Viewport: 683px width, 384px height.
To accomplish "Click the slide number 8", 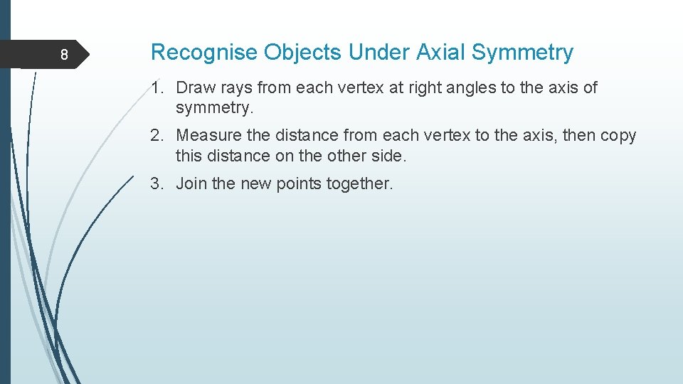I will pos(63,55).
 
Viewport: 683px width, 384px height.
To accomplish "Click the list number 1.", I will pos(156,88).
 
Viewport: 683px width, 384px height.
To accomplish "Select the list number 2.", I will pos(156,136).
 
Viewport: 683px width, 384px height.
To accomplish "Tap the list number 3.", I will pos(156,183).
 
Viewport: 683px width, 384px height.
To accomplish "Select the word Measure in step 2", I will pos(208,136).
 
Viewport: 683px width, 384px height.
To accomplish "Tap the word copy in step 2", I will pos(618,136).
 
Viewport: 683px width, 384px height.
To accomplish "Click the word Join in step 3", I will pos(191,183).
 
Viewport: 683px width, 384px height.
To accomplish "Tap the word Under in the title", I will pos(376,53).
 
